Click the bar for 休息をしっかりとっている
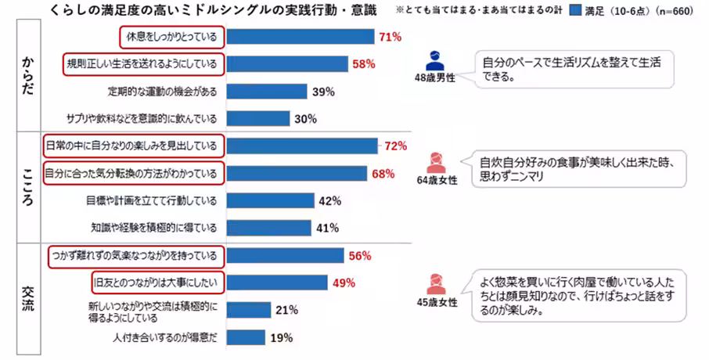301,37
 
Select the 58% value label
365,64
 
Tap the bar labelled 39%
267,92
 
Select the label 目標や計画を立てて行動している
152,200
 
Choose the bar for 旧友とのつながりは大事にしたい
277,283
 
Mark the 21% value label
287,310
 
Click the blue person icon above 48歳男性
436,59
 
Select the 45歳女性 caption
436,303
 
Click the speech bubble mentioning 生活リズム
574,70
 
